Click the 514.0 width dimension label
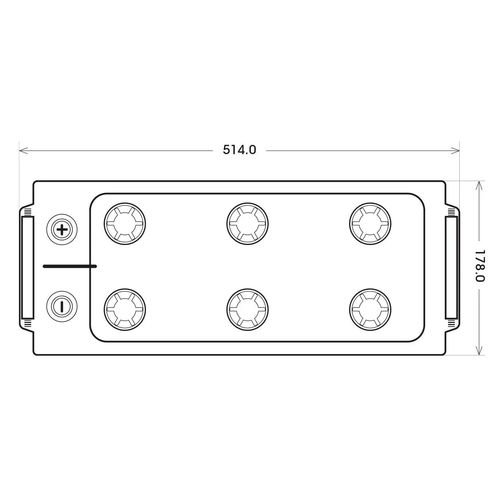tap(239, 150)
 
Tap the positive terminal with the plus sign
tap(62, 229)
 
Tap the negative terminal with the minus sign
tap(62, 306)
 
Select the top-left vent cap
tap(125, 224)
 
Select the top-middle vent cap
tap(248, 224)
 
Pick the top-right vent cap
tap(370, 224)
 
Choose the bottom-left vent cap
tap(125, 309)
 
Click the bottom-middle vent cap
tap(248, 309)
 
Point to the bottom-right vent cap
tap(370, 309)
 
